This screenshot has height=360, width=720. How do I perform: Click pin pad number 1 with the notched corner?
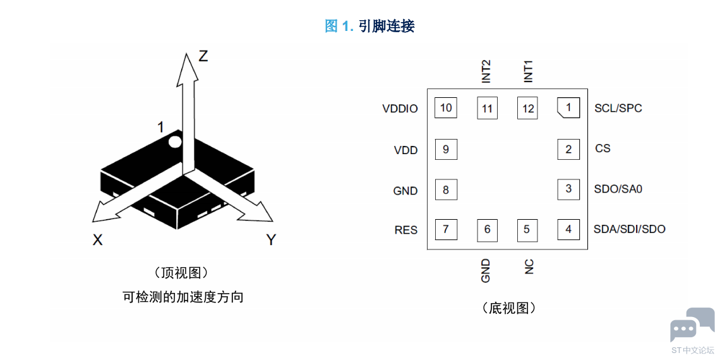[568, 109]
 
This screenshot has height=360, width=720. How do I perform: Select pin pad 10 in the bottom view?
[446, 109]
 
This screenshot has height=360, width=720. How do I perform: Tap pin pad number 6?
[487, 229]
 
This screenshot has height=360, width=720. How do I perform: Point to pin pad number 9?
[446, 149]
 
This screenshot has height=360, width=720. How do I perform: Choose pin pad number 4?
[568, 229]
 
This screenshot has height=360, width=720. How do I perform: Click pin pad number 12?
[528, 109]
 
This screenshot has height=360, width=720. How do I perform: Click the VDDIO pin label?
[400, 109]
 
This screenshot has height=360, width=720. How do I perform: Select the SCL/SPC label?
[618, 109]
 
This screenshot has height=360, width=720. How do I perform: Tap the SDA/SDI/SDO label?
[630, 229]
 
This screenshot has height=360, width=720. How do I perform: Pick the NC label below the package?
[529, 267]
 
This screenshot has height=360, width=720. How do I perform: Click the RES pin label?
[406, 230]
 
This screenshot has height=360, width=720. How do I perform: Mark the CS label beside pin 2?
[603, 149]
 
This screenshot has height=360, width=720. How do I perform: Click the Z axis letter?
[203, 56]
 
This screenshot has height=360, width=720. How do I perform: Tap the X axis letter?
[97, 239]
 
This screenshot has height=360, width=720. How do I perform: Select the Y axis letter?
[272, 239]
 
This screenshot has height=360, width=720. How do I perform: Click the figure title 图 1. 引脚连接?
[369, 26]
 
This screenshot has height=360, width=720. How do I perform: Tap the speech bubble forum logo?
[692, 324]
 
